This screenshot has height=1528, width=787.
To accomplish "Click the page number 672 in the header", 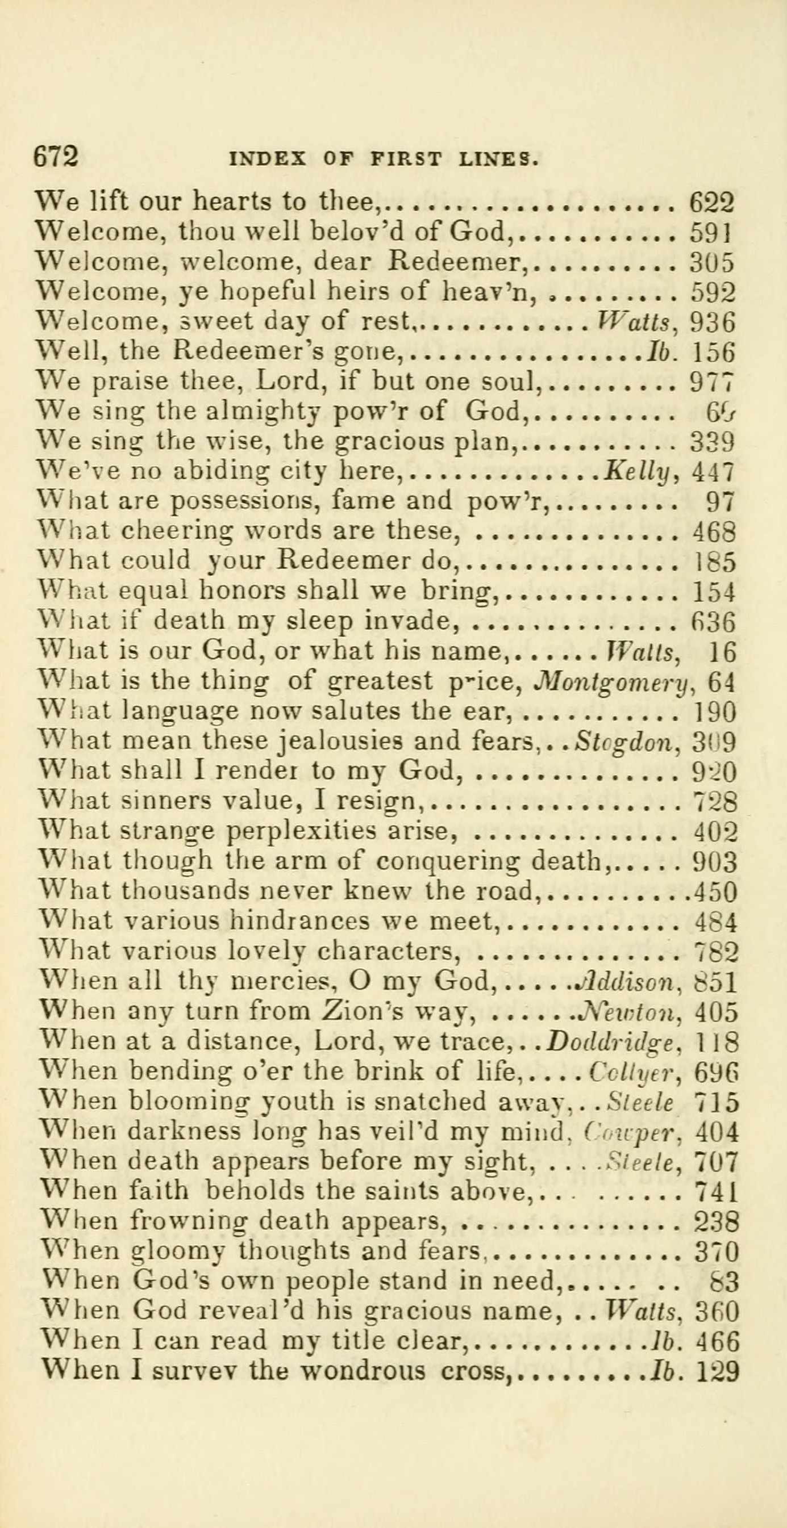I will point(56,157).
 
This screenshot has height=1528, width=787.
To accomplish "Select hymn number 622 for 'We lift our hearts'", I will point(711,203).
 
